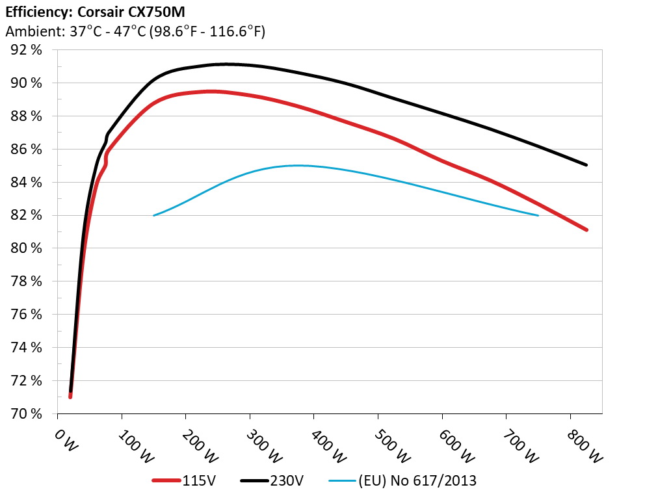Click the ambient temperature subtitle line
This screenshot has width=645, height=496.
(135, 31)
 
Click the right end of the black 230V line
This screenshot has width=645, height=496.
(586, 165)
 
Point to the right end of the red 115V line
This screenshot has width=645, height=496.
(586, 229)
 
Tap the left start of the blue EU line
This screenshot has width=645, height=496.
(154, 215)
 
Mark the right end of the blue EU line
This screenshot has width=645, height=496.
(538, 215)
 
